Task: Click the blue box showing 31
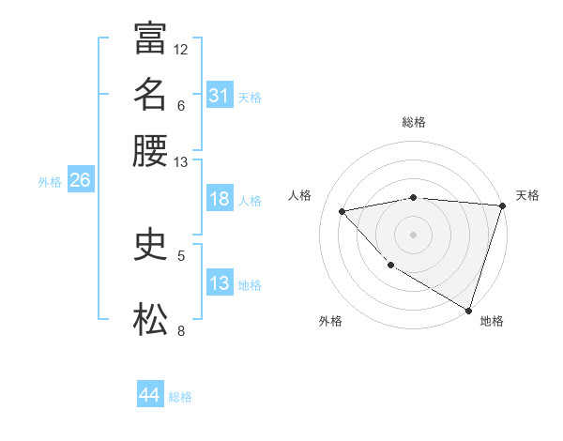pos(219,96)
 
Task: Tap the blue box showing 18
pos(219,200)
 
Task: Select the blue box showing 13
pos(219,283)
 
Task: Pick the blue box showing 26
pos(80,181)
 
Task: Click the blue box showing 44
pos(149,395)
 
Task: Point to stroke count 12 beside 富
pos(181,49)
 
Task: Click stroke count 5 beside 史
pos(181,255)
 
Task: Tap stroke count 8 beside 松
pos(181,330)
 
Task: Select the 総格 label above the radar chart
pos(413,122)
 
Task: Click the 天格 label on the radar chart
pos(527,195)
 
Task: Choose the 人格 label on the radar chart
pos(300,195)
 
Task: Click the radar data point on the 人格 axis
pos(342,211)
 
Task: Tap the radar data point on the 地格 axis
pos(468,310)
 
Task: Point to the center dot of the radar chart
pos(413,234)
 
